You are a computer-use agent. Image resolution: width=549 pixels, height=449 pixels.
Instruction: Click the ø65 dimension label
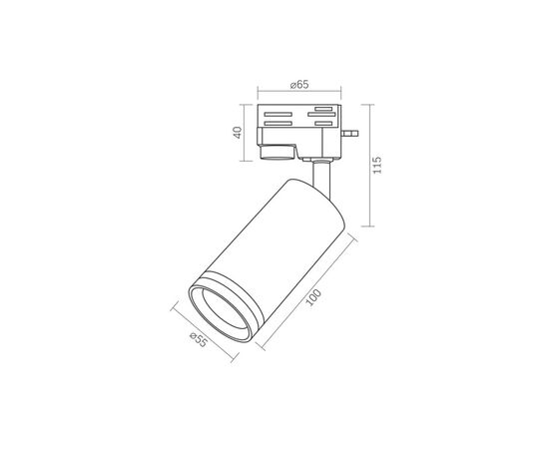(x=299, y=85)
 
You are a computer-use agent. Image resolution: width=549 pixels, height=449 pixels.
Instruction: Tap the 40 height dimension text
(x=238, y=133)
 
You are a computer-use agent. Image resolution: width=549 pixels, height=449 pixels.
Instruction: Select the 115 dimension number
(x=377, y=166)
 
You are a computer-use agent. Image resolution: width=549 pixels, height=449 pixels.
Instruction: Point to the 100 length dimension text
(x=313, y=297)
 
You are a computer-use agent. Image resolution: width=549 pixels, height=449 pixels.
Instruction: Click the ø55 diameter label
(x=199, y=339)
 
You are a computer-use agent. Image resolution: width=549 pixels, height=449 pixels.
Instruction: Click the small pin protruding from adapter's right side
(x=349, y=133)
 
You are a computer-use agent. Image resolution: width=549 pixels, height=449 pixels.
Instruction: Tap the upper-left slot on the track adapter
(x=278, y=114)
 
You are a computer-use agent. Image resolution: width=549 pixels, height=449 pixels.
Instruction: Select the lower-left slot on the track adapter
(x=278, y=123)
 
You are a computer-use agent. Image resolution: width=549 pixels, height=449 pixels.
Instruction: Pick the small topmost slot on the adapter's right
(x=323, y=109)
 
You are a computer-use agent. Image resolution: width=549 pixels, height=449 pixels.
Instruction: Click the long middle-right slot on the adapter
(x=321, y=114)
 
